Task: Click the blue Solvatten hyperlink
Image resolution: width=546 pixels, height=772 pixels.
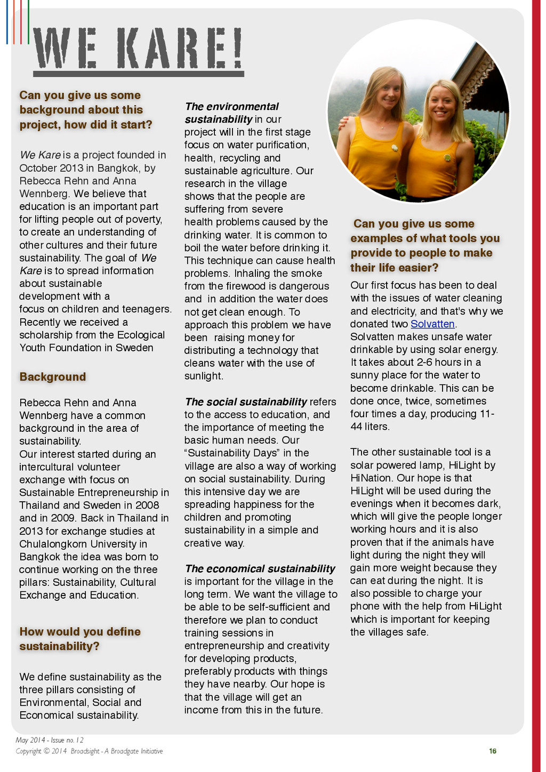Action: [432, 324]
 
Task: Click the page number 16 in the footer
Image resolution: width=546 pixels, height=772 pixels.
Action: [493, 751]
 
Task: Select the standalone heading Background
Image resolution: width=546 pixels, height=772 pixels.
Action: [53, 377]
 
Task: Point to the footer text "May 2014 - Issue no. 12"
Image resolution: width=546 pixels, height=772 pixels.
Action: [50, 740]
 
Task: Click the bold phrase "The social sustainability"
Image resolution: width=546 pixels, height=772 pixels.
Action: [246, 402]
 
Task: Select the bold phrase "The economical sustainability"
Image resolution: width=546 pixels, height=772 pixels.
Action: [260, 569]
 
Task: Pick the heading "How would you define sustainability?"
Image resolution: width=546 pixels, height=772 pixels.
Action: [80, 639]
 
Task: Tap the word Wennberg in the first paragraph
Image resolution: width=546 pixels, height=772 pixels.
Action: [45, 194]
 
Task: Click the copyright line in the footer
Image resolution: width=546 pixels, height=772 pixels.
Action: [89, 751]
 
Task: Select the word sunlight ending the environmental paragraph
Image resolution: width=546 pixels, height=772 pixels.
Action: [203, 376]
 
